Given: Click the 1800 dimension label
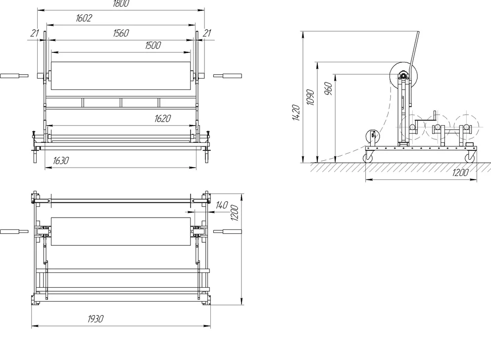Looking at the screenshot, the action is [121, 3].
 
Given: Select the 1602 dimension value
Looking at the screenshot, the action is [84, 18].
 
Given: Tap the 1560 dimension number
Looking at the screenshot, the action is [121, 33].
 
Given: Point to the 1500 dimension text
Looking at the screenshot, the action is [153, 45].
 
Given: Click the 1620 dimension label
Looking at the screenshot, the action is [162, 119].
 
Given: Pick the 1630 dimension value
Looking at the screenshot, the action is [60, 161].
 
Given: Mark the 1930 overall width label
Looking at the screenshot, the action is [95, 319].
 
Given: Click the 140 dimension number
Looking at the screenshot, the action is [222, 206].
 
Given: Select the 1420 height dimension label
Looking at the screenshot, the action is [296, 113].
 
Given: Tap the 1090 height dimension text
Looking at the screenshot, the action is [310, 97].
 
